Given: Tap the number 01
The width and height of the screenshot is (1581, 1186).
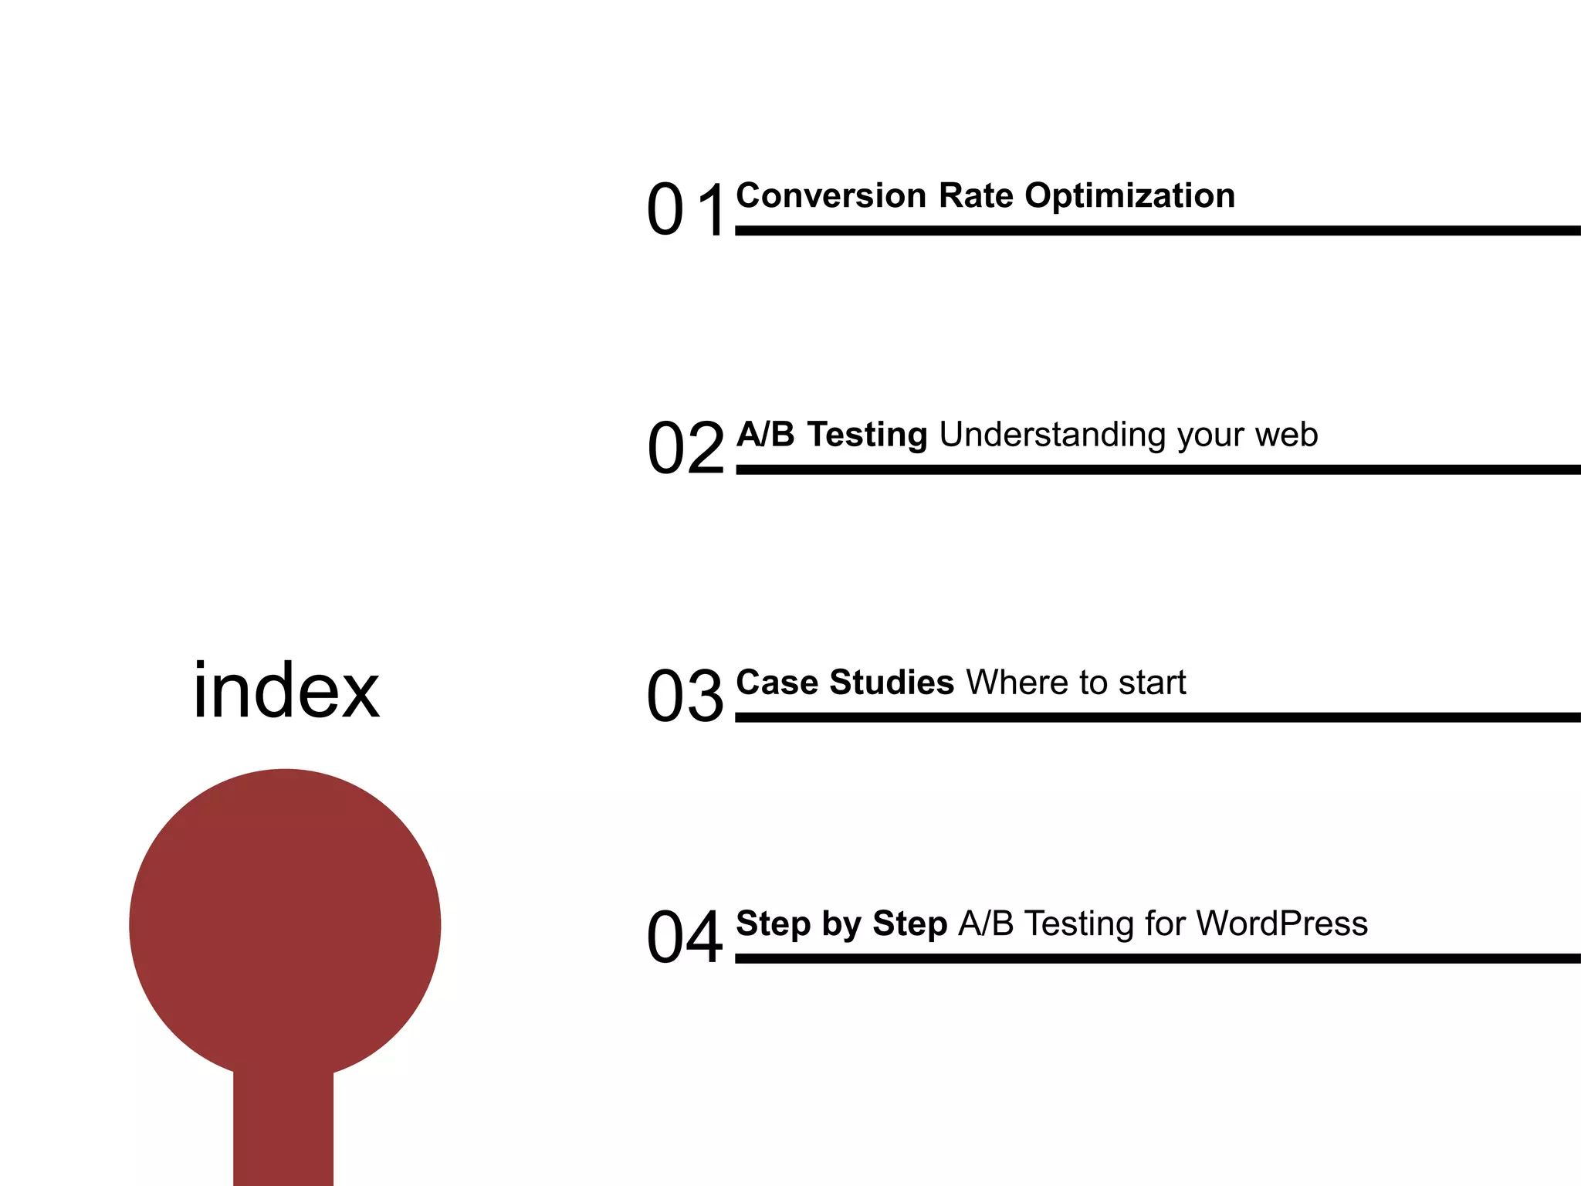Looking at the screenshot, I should click(686, 209).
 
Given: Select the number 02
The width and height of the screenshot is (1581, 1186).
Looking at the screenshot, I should click(686, 448).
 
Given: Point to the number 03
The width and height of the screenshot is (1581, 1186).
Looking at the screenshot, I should click(685, 696).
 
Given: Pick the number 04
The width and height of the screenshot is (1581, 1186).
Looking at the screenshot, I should click(685, 937).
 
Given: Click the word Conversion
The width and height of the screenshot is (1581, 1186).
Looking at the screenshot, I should click(831, 195).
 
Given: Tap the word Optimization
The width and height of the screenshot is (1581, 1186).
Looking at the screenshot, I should click(1129, 196).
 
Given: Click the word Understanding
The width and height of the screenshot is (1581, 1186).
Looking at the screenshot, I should click(1053, 435).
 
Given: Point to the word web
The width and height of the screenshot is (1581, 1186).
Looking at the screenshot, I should click(1286, 435).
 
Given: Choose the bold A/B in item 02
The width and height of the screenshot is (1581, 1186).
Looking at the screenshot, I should click(765, 434).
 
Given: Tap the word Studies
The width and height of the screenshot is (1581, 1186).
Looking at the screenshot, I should click(892, 683).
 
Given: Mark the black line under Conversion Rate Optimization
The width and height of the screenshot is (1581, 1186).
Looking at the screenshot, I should click(1158, 230).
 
